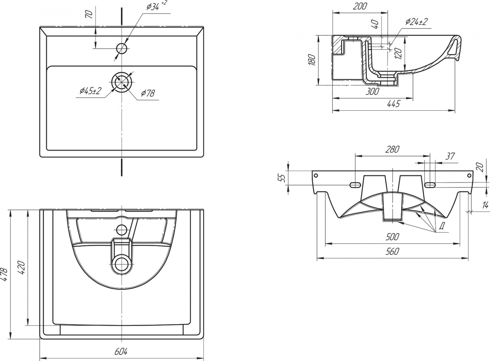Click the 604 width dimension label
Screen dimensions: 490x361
121,352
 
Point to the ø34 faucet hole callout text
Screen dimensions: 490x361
156,6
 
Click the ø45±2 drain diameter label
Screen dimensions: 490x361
90,91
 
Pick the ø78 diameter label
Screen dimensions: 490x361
148,93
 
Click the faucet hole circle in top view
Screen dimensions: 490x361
122,48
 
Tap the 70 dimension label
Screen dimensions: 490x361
90,15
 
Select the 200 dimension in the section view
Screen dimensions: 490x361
360,6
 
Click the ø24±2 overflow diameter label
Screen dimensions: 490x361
416,22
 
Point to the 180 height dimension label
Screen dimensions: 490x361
312,60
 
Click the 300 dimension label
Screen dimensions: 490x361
372,91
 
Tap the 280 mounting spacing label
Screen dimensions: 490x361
392,149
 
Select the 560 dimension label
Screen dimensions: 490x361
392,251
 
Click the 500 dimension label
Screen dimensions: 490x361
392,237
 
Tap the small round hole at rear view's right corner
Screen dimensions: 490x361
469,175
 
